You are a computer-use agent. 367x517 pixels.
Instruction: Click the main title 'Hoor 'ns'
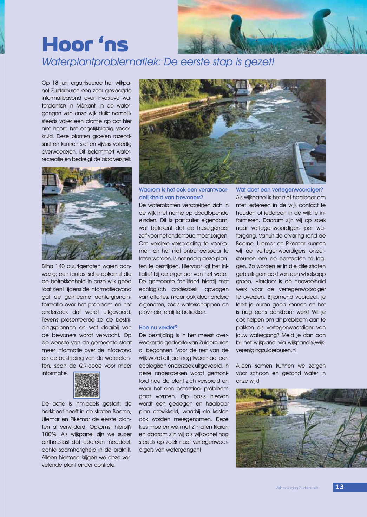click(85, 45)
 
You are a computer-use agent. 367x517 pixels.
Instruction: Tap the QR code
click(87, 385)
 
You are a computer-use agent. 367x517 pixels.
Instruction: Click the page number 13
click(340, 487)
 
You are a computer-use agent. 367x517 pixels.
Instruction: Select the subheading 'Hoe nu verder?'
click(158, 327)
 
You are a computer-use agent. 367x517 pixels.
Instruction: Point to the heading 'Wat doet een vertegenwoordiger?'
click(279, 189)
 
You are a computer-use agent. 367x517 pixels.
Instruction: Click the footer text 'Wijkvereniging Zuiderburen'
click(297, 488)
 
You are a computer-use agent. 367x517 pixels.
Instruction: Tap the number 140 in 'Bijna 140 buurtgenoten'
click(60, 266)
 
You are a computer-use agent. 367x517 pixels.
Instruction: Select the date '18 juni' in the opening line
click(60, 83)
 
